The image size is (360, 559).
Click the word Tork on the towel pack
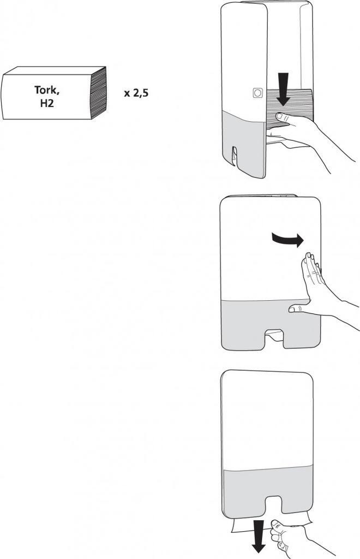pos(46,90)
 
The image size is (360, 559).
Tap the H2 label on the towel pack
pos(47,103)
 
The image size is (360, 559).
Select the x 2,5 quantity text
pos(136,93)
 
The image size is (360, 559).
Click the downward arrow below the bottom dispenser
pos(260,543)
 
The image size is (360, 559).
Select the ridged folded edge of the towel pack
pos(98,93)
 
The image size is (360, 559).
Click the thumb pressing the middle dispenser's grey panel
pos(297,310)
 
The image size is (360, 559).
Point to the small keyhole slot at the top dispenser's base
pos(235,153)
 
